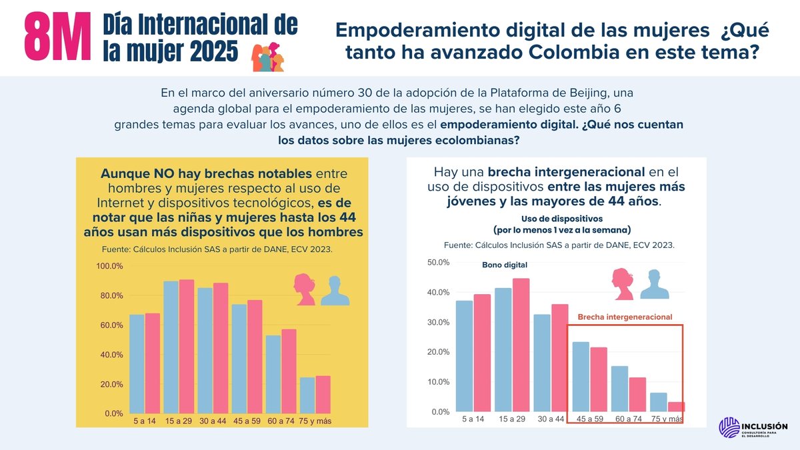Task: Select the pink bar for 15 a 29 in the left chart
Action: (187, 346)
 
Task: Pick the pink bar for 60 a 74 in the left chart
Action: (289, 371)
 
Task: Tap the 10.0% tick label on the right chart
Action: (438, 382)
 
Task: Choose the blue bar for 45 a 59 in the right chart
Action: (581, 377)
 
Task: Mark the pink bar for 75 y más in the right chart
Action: (676, 407)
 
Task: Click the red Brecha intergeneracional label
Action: (625, 317)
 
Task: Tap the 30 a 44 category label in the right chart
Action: (551, 419)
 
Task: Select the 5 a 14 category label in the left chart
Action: (145, 421)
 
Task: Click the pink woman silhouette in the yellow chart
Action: (305, 289)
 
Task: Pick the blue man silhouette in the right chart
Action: (655, 285)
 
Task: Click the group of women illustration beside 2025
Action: (267, 59)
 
